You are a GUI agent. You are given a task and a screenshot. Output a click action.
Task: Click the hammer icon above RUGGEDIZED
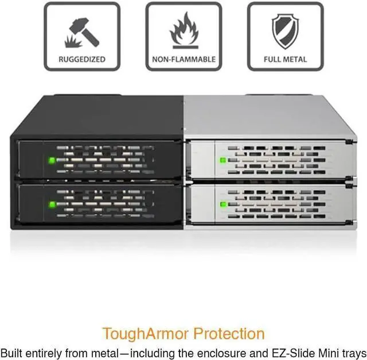coord(82,31)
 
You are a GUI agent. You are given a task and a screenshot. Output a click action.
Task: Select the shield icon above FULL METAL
coord(285,31)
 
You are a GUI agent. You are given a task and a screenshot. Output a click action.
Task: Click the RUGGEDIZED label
coord(82,59)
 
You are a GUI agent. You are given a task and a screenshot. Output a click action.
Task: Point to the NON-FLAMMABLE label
coord(183,59)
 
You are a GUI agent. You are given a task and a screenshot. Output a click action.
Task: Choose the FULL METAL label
coord(285,59)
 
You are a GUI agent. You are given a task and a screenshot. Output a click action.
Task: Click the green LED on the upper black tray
coord(52,160)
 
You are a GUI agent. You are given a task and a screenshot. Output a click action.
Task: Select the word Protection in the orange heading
coord(229,334)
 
